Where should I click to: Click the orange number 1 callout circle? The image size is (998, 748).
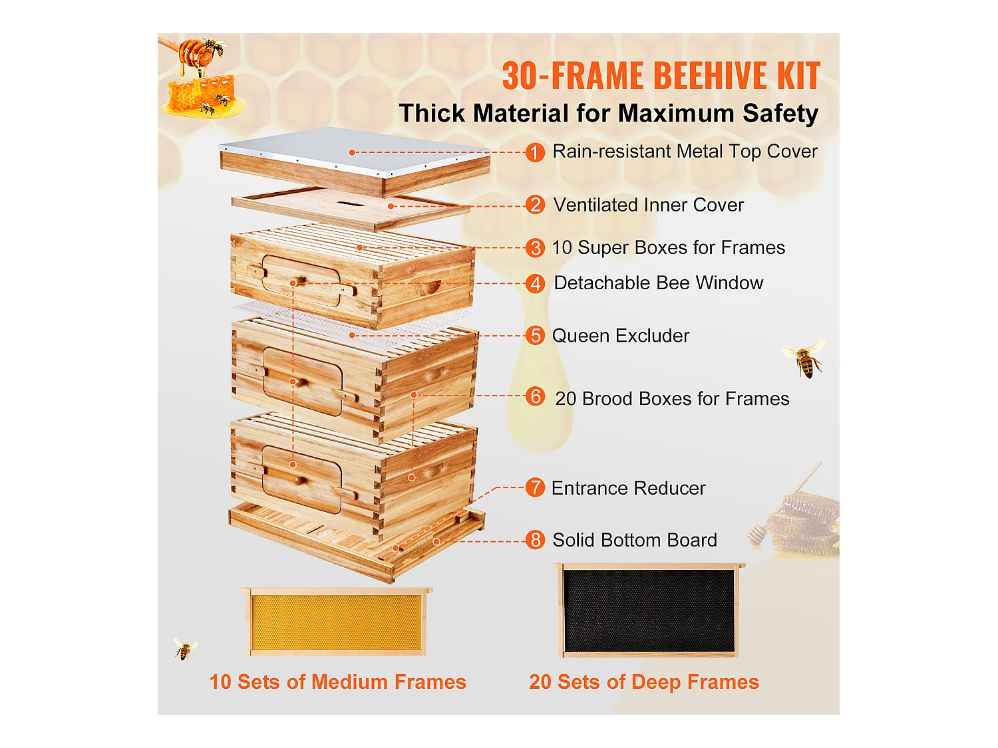point(535,152)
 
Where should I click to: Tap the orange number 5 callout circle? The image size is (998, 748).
point(535,336)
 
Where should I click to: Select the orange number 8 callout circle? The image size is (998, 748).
point(535,540)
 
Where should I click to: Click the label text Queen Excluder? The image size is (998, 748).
point(620,336)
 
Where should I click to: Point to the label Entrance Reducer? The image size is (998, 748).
point(628,488)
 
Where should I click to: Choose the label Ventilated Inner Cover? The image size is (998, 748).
point(648,205)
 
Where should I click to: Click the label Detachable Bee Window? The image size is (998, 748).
point(658,283)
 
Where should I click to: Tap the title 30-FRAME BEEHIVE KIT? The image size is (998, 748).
point(661,76)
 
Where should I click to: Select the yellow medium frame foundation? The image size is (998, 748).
point(336,622)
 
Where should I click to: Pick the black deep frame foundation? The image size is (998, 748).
point(649,611)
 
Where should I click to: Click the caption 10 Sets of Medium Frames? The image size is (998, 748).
point(337,682)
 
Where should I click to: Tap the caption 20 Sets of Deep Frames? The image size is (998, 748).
point(643,682)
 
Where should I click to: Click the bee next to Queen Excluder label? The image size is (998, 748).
point(804,358)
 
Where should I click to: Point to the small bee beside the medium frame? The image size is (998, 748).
point(184,648)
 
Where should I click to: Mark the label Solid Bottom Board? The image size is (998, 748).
point(634,540)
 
